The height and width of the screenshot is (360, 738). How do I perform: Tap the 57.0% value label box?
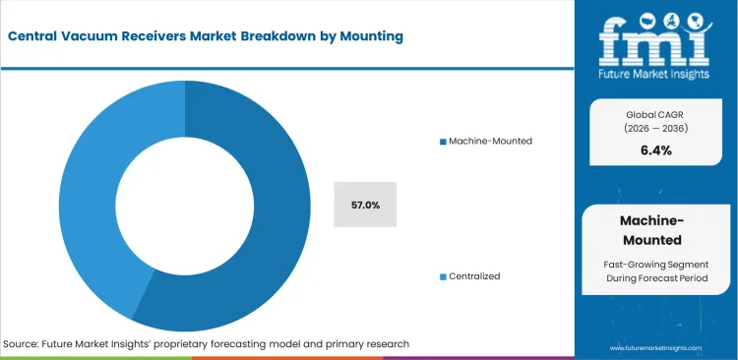click(365, 205)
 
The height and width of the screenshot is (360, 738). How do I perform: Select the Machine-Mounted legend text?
click(490, 142)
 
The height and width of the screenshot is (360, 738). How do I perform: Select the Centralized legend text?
click(474, 276)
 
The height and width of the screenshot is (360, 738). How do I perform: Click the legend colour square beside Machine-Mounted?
click(443, 142)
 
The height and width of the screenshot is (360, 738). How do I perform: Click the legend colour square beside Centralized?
click(443, 276)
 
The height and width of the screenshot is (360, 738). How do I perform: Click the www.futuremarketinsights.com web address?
click(653, 348)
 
